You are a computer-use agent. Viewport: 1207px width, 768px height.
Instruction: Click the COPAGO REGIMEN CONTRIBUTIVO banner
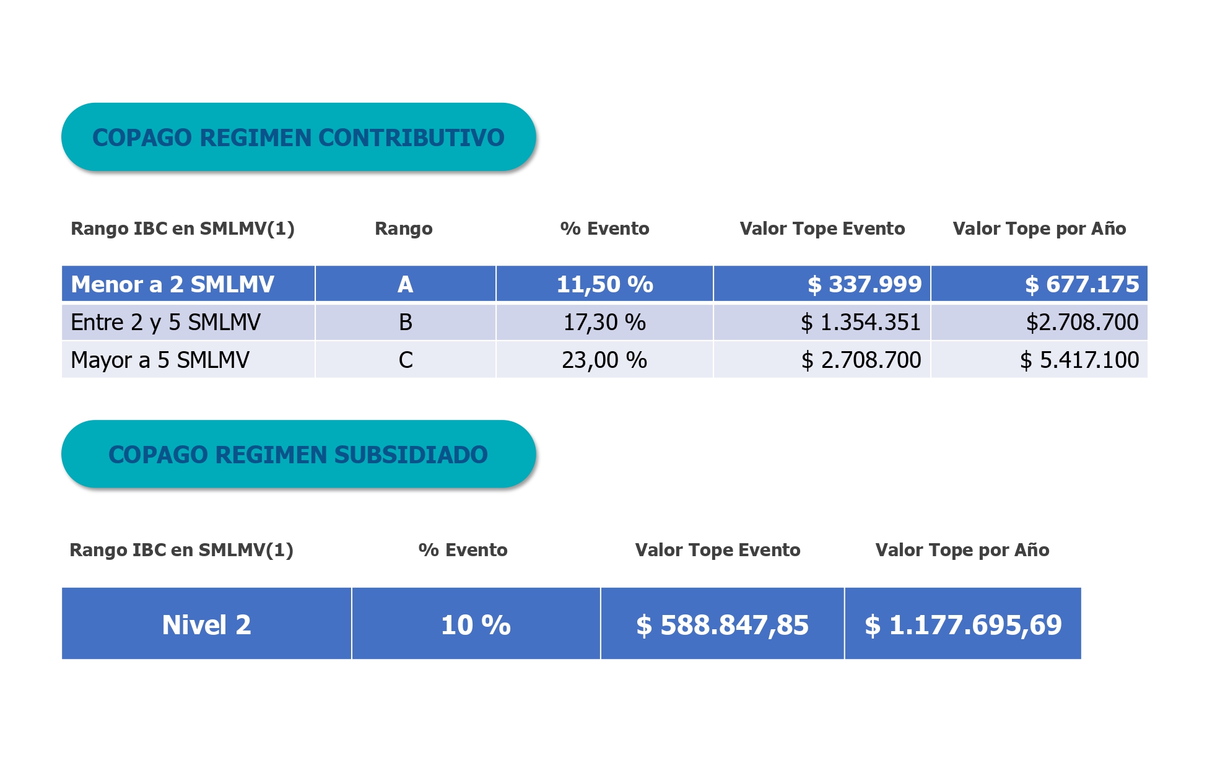coord(298,137)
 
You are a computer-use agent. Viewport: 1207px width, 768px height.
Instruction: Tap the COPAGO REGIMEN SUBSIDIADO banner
coord(298,454)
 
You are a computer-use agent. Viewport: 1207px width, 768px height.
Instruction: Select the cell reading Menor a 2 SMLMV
coord(172,284)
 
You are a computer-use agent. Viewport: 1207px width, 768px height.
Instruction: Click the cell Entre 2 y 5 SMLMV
coord(165,322)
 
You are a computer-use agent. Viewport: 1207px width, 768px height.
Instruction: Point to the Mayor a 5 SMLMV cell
coord(160,360)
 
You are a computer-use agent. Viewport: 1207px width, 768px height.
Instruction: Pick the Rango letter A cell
coord(405,284)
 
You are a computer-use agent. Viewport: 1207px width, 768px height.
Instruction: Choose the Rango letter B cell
coord(405,322)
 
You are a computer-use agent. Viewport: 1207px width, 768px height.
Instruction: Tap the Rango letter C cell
coord(405,360)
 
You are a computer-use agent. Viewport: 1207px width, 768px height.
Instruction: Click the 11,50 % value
coord(604,284)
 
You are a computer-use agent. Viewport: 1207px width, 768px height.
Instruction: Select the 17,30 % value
coord(604,322)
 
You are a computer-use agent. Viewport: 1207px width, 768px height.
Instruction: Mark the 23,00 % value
coord(604,360)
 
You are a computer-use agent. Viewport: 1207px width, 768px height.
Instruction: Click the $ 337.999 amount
coord(864,284)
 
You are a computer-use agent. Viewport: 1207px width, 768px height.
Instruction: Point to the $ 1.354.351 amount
coord(860,322)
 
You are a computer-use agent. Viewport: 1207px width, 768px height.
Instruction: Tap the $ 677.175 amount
coord(1081,284)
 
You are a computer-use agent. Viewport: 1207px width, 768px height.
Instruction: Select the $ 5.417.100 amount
coord(1079,360)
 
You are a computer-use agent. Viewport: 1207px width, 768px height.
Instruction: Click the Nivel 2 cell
coord(206,624)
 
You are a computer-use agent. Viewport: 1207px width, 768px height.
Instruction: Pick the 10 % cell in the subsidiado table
coord(476,624)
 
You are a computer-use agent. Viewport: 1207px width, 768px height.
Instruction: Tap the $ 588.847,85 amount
coord(722,624)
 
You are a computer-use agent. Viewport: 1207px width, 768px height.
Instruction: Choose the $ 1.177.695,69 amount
coord(963,624)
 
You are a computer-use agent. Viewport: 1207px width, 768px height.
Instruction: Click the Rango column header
coord(404,229)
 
